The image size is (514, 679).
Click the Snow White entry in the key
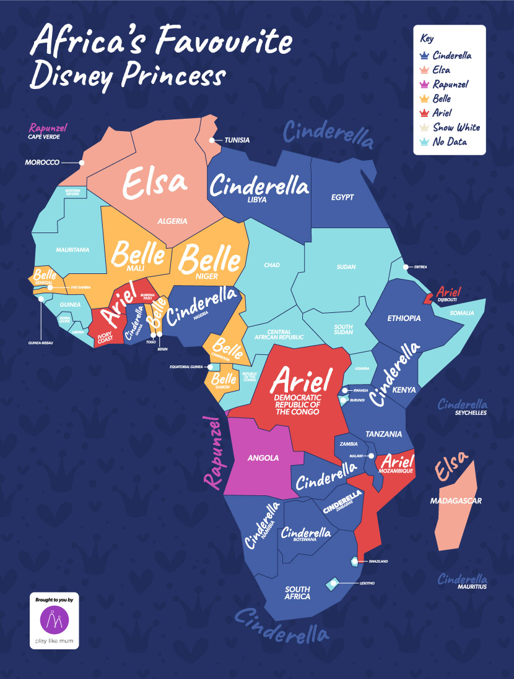click(456, 127)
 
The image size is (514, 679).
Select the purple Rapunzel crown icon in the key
click(425, 84)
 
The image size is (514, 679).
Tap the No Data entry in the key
click(450, 142)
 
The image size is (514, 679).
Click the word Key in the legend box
click(427, 38)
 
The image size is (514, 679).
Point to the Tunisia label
click(237, 140)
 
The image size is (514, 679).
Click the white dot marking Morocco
click(81, 163)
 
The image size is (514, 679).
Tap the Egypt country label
click(342, 197)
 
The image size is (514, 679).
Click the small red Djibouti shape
click(427, 299)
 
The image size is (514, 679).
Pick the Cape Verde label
click(42, 137)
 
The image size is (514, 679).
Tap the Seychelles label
click(471, 413)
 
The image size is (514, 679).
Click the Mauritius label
click(471, 586)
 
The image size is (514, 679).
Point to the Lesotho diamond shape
click(333, 583)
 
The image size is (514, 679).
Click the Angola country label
click(263, 458)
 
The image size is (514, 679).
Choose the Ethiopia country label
click(404, 318)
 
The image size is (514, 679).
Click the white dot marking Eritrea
click(406, 267)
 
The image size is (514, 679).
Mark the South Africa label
click(297, 593)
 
